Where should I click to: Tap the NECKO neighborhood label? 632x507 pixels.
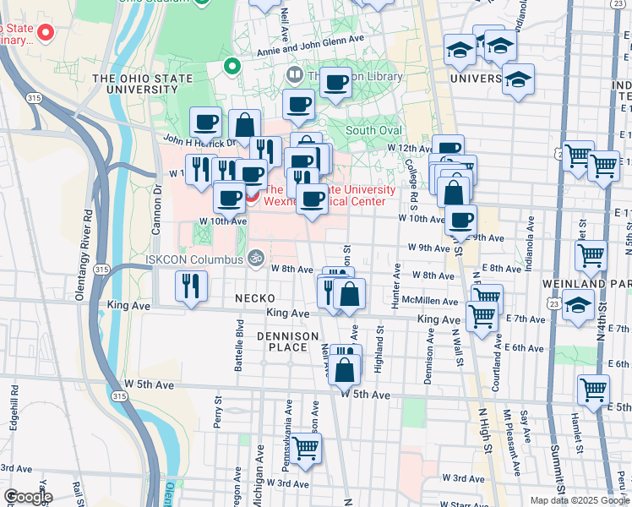pos(253,298)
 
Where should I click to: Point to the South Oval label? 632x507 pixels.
pos(373,130)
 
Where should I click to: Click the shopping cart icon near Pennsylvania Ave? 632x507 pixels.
pos(306,447)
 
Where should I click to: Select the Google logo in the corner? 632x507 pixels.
pos(27,497)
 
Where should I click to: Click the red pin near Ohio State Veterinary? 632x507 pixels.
pos(46,34)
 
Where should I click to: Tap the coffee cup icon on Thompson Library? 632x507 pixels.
pos(336,83)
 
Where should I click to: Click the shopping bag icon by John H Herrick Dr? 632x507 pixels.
pos(244,125)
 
